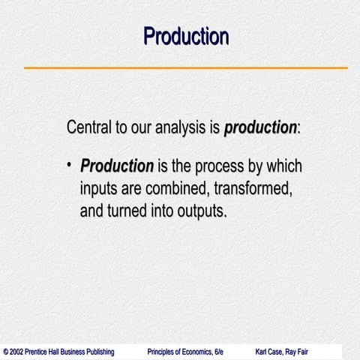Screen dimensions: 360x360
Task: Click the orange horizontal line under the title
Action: tap(185, 68)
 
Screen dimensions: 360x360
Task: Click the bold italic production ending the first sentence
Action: tap(260, 128)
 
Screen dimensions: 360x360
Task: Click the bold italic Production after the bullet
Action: tap(117, 166)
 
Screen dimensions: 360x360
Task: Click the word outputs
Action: tap(200, 211)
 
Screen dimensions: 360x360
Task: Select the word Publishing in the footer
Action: tap(97, 352)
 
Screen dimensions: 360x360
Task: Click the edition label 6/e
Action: tap(218, 352)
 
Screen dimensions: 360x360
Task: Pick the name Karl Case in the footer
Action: tap(271, 352)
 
